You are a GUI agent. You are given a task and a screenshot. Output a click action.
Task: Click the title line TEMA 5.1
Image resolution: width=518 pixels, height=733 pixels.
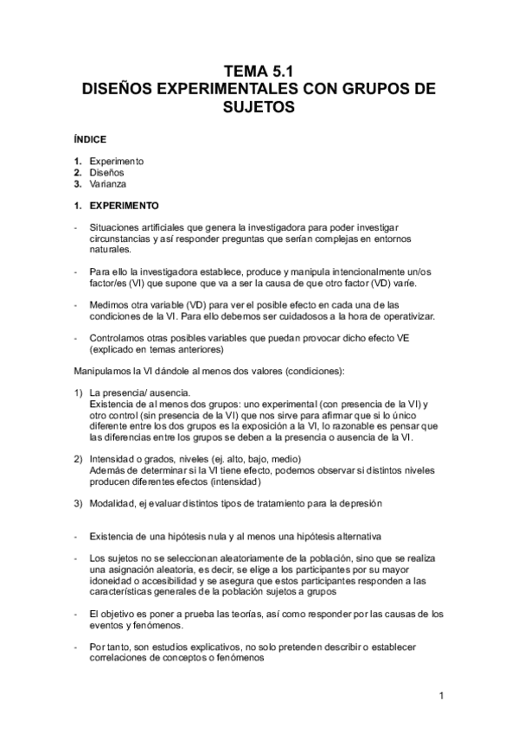259,72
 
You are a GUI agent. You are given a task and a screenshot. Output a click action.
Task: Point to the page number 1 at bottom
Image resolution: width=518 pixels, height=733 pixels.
441,695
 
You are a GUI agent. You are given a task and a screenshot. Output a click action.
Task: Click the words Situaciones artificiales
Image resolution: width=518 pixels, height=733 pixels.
133,227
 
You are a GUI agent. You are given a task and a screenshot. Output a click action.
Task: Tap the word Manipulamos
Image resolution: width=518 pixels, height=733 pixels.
106,372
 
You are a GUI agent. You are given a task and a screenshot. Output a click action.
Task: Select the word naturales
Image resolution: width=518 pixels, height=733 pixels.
111,250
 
